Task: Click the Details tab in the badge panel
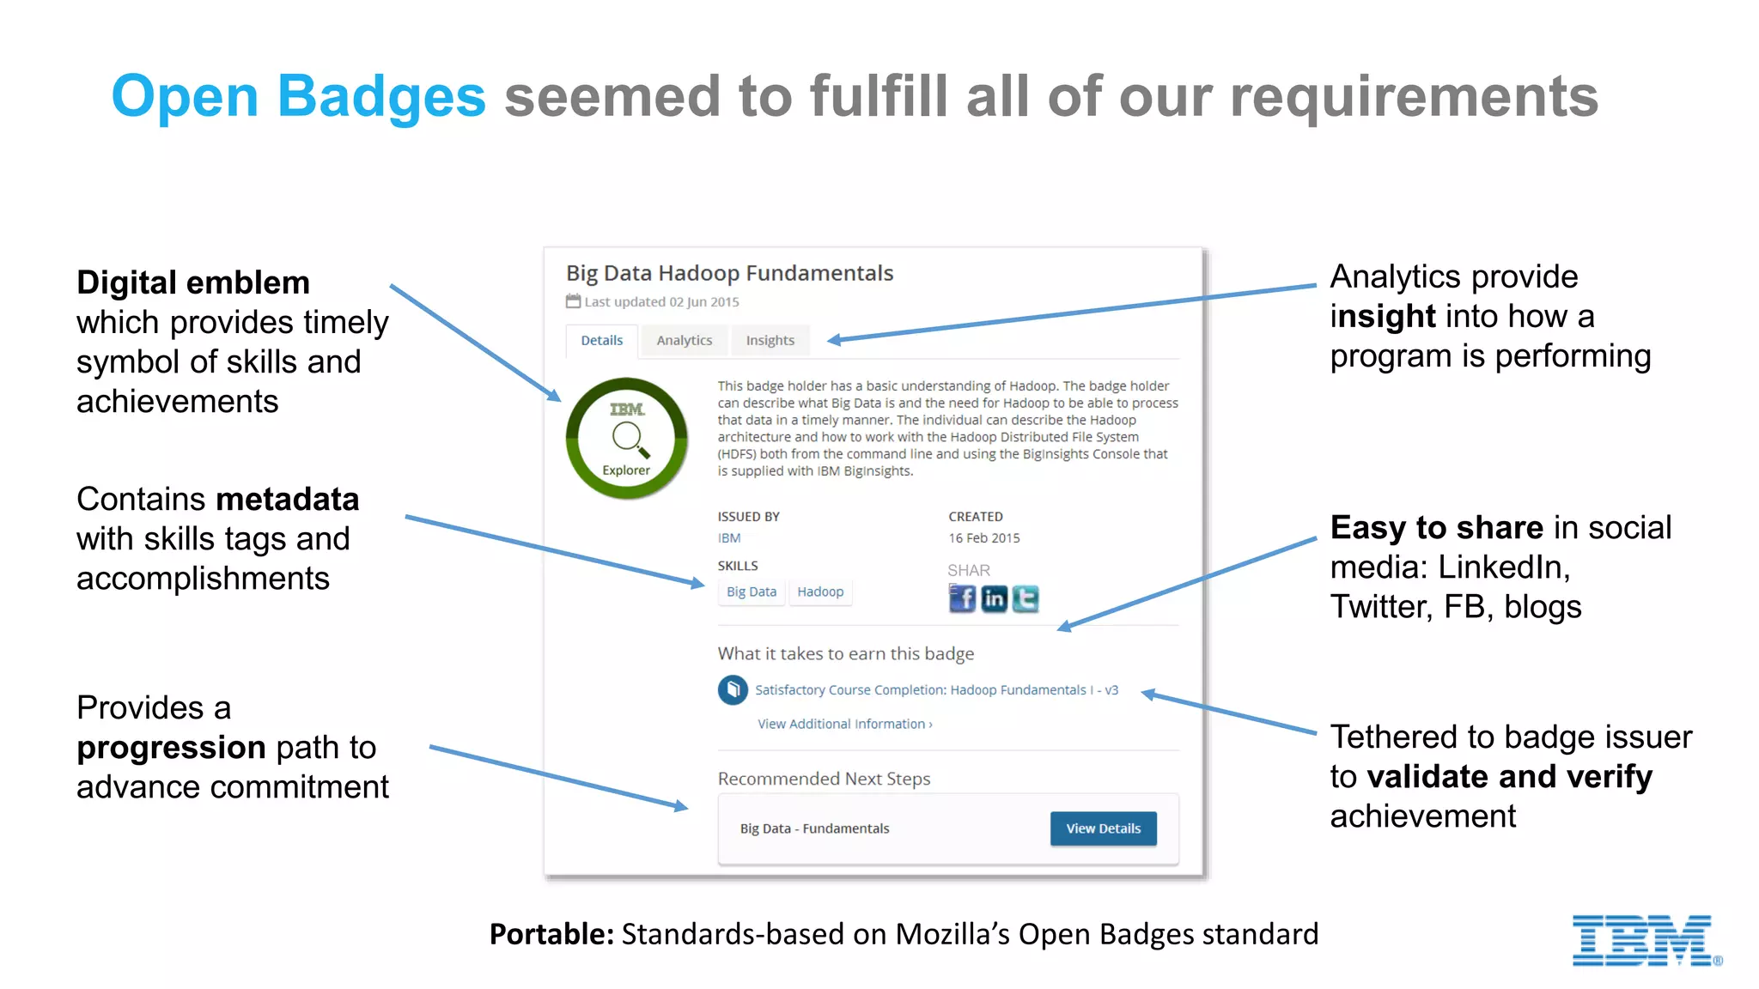click(601, 341)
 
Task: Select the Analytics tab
click(684, 341)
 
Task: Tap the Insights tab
click(770, 341)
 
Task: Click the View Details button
click(1103, 828)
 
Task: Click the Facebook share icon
click(962, 598)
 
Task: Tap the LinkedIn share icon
click(994, 598)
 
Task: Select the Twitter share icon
click(1026, 598)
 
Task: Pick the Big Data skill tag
click(751, 592)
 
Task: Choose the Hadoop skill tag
click(820, 592)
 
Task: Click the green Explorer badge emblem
click(626, 439)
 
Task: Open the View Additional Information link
click(844, 724)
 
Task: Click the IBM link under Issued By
click(728, 538)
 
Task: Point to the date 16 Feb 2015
click(983, 538)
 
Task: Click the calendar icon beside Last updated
click(573, 301)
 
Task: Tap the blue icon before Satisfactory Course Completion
click(733, 689)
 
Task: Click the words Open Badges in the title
click(298, 96)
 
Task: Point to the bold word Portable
click(551, 934)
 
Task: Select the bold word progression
click(170, 748)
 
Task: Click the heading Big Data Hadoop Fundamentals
click(729, 273)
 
